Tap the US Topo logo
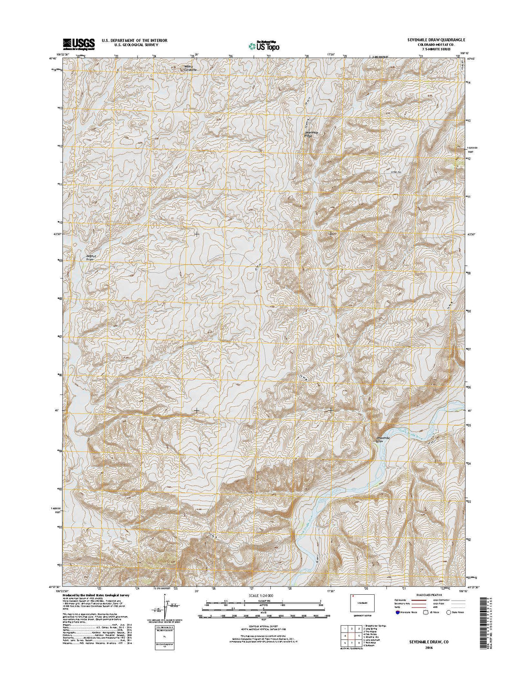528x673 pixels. click(264, 46)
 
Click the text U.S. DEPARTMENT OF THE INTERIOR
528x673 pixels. click(134, 40)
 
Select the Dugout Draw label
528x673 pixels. click(92, 257)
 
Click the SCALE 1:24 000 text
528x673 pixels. click(264, 595)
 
